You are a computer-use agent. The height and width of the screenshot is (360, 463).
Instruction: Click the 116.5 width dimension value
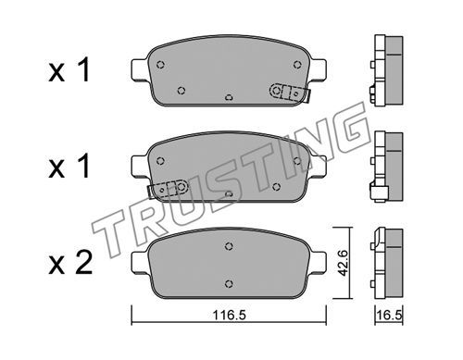pos(229,315)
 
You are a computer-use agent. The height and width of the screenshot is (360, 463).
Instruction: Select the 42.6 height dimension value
pos(343,263)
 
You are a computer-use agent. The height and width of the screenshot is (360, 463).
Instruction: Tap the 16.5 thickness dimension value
pos(389,316)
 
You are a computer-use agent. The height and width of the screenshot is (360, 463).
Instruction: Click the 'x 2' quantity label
pos(70,263)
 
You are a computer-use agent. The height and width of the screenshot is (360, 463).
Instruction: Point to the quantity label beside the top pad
pos(69,69)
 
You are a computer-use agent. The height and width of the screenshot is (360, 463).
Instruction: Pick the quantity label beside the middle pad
pos(69,167)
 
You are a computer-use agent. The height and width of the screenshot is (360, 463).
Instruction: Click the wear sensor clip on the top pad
pos(290,93)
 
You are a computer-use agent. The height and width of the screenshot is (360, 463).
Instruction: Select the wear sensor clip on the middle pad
pos(168,189)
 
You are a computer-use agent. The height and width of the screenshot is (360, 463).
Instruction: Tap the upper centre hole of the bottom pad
pos(229,246)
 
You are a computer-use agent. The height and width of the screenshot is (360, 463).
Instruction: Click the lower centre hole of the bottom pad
pos(229,283)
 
